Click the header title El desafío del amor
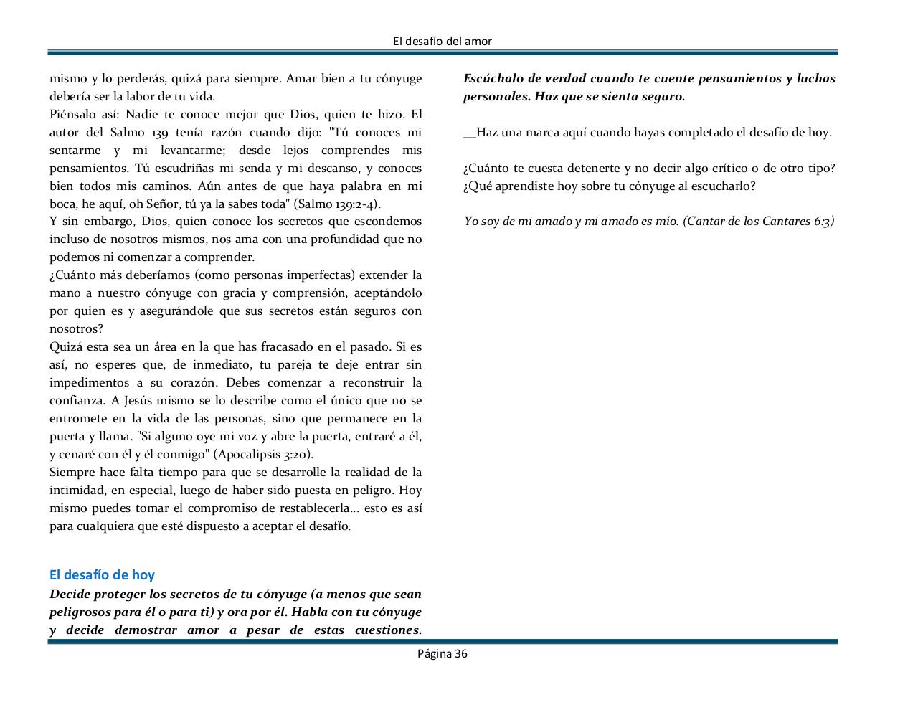(x=443, y=42)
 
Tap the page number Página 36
(x=443, y=653)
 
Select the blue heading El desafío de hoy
(x=102, y=574)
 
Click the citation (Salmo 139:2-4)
(x=336, y=204)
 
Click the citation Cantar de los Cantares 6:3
(x=759, y=221)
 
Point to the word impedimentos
(x=90, y=382)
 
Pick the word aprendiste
(x=524, y=186)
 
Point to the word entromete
(x=78, y=418)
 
